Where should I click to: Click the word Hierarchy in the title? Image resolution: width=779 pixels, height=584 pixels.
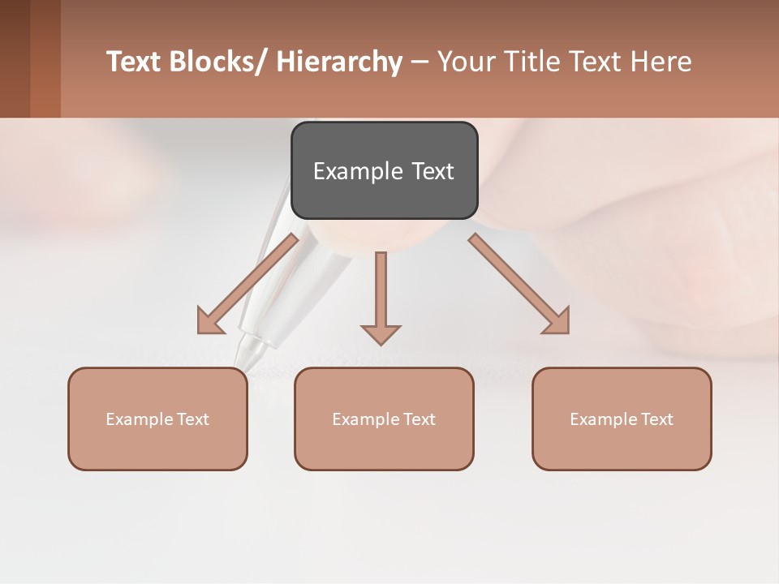[x=339, y=62]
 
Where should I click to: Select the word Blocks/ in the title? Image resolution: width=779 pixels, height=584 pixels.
[x=218, y=62]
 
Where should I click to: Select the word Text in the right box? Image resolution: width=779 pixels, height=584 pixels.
[x=656, y=419]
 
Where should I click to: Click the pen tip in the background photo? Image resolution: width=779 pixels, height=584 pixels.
[x=242, y=361]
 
